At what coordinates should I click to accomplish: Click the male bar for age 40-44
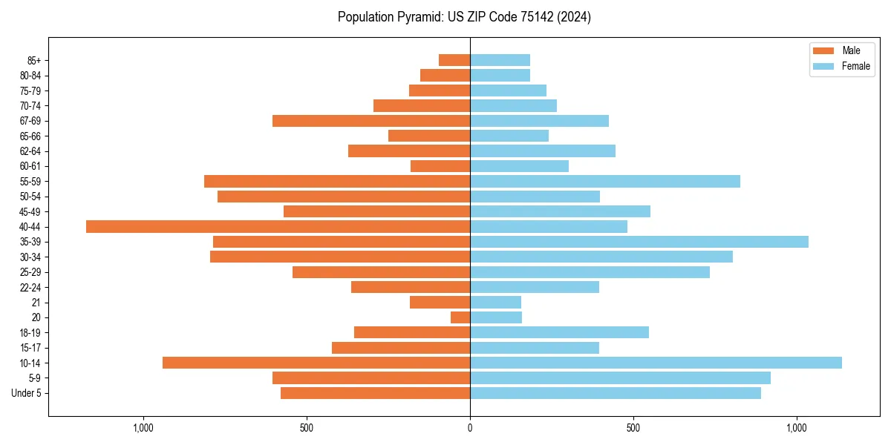pyautogui.click(x=278, y=226)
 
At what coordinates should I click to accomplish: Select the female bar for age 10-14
pyautogui.click(x=656, y=363)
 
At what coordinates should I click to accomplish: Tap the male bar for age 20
pyautogui.click(x=460, y=317)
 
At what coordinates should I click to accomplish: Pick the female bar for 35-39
pyautogui.click(x=639, y=242)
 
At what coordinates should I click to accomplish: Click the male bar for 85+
pyautogui.click(x=454, y=60)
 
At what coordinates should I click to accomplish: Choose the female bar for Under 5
pyautogui.click(x=615, y=393)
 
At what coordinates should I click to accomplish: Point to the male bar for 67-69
pyautogui.click(x=371, y=121)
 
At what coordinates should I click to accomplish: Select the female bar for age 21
pyautogui.click(x=495, y=302)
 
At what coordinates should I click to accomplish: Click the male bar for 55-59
pyautogui.click(x=337, y=181)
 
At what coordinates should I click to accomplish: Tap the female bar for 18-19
pyautogui.click(x=559, y=332)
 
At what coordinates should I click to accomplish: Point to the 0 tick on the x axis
pyautogui.click(x=470, y=428)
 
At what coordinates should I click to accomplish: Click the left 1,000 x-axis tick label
pyautogui.click(x=143, y=428)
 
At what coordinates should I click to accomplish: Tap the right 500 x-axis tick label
pyautogui.click(x=633, y=428)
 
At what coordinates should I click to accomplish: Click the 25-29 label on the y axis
pyautogui.click(x=30, y=272)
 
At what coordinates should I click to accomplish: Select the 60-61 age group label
pyautogui.click(x=30, y=166)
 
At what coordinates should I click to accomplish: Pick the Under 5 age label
pyautogui.click(x=27, y=393)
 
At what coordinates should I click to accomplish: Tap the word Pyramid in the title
pyautogui.click(x=418, y=17)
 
